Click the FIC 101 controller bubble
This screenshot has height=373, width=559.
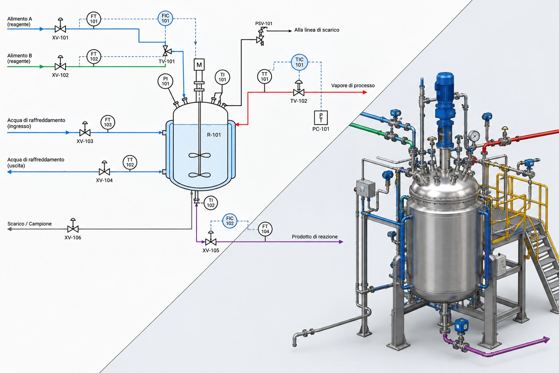point(165,18)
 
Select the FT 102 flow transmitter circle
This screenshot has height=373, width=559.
point(93,56)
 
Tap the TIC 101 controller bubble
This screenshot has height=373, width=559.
point(299,62)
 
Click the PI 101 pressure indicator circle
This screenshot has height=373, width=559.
point(165,82)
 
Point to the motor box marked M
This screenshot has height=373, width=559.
point(199,65)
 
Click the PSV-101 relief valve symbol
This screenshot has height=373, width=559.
point(261,37)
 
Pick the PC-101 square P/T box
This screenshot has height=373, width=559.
point(321,118)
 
